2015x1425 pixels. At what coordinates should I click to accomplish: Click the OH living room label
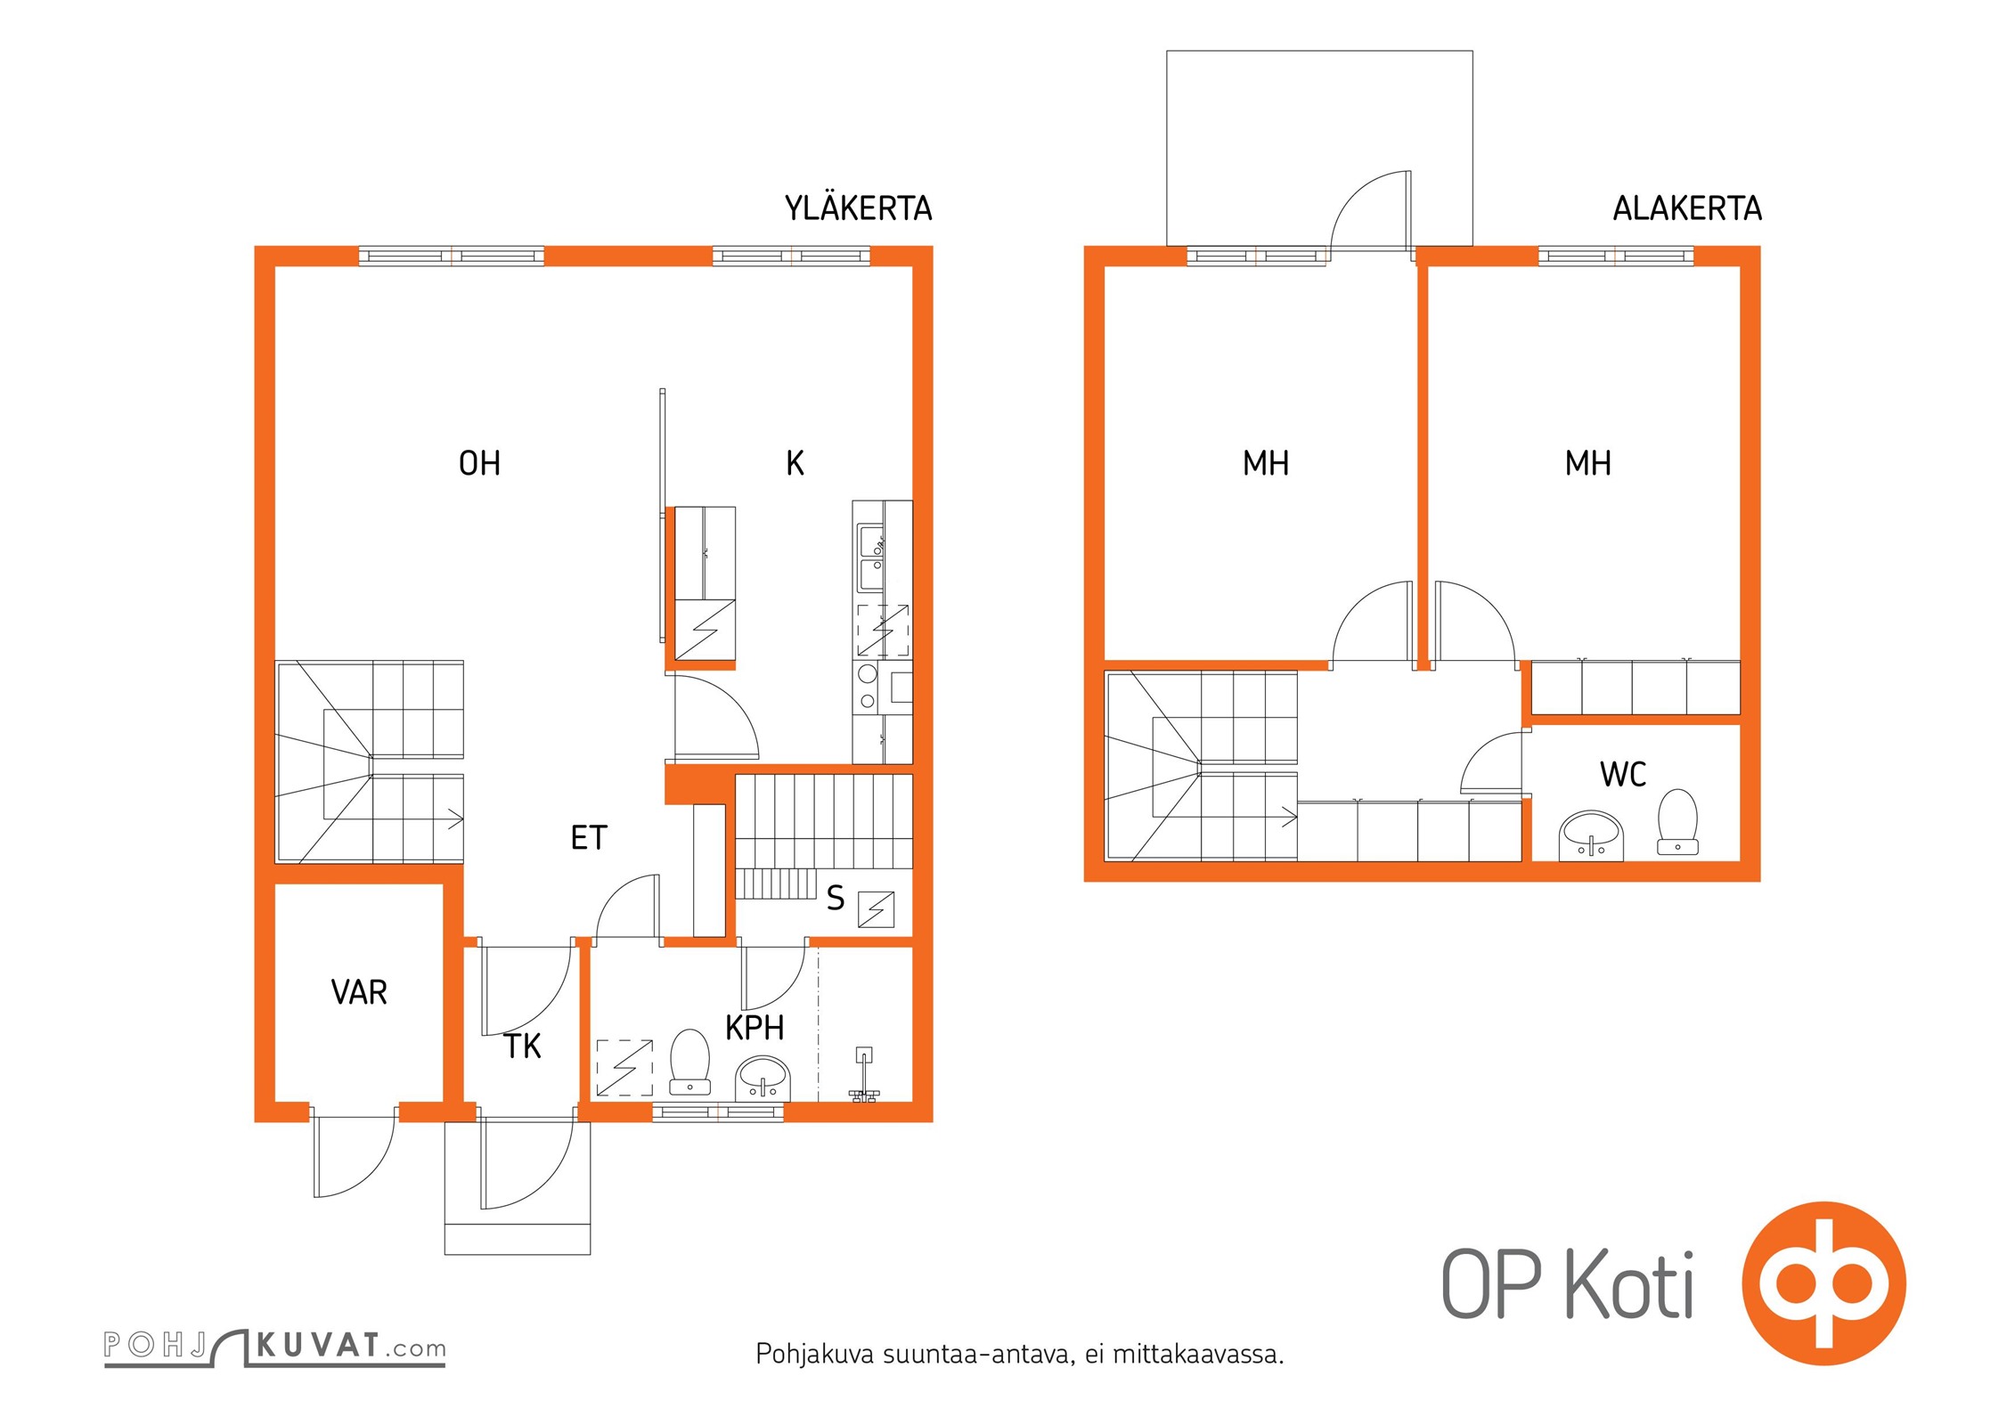click(479, 463)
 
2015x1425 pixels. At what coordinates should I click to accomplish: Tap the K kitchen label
click(795, 463)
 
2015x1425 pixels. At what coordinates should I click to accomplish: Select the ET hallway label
click(589, 838)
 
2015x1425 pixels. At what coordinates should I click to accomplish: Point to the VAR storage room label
click(359, 992)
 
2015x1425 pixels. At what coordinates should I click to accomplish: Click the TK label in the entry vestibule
click(523, 1046)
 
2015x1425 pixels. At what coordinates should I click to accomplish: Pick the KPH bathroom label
click(755, 1028)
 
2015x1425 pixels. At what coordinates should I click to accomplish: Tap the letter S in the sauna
click(836, 898)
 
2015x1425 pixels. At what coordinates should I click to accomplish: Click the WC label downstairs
click(1623, 775)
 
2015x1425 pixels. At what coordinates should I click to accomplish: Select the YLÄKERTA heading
click(858, 208)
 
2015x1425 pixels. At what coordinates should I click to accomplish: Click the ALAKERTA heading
click(1687, 208)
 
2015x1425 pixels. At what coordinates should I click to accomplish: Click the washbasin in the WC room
click(1592, 835)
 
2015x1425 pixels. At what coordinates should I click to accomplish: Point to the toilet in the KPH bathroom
click(689, 1062)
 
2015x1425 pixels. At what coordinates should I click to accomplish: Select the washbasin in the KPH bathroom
click(763, 1078)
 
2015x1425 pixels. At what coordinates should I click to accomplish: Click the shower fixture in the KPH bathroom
click(863, 1075)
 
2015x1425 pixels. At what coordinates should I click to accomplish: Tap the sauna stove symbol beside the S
click(876, 909)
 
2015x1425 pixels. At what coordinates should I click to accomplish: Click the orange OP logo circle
click(1823, 1283)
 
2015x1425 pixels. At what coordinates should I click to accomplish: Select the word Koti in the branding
click(1629, 1285)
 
